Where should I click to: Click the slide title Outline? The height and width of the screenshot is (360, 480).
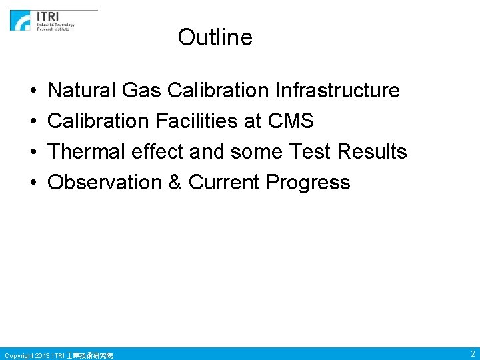215,37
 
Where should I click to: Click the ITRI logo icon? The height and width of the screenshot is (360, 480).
20,21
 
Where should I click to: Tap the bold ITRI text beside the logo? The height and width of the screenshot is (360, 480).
47,16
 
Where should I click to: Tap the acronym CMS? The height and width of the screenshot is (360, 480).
290,121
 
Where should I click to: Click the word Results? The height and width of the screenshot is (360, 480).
372,151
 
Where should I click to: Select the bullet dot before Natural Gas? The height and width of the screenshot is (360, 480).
33,91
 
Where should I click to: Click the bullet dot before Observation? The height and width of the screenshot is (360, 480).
33,183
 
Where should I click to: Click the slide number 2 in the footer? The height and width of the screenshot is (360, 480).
472,354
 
